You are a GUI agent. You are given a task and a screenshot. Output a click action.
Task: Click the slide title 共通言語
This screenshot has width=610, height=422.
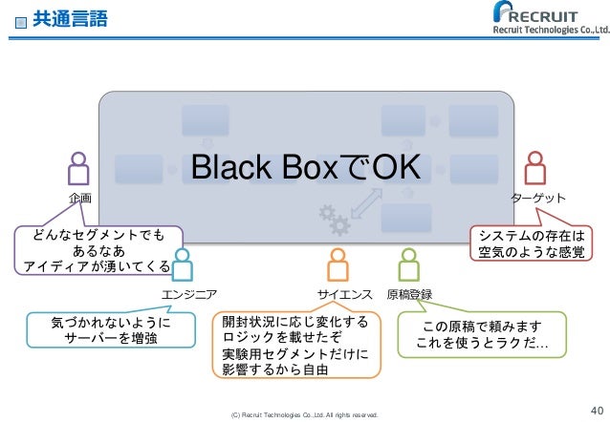tap(70, 18)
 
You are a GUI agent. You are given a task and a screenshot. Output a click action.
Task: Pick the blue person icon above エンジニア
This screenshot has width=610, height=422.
tap(183, 264)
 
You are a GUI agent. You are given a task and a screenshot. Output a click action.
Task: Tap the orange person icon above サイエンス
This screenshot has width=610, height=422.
tap(337, 264)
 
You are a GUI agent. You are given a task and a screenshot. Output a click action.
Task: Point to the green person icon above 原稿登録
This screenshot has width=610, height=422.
tap(409, 264)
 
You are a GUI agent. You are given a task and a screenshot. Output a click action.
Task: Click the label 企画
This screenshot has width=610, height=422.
tap(81, 198)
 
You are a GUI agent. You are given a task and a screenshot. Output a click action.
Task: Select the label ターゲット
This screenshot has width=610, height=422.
tap(537, 198)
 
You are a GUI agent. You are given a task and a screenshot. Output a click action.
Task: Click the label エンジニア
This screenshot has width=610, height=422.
tap(190, 294)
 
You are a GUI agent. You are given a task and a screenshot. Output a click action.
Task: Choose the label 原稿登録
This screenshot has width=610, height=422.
tap(410, 294)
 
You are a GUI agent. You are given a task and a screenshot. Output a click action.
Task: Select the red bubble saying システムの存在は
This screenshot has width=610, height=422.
tap(531, 244)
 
